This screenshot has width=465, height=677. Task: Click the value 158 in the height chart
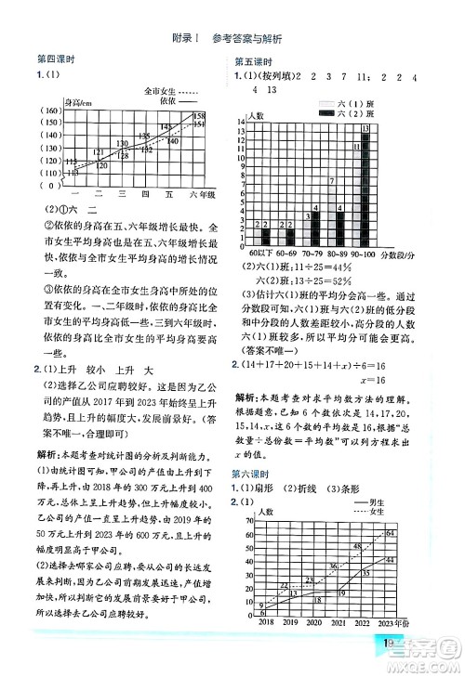[198, 116]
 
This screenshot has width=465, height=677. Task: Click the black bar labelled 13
[365, 186]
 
